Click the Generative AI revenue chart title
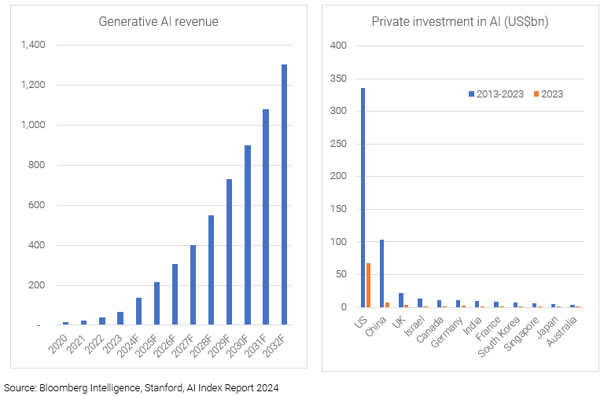pos(158,21)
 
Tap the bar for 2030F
pos(248,235)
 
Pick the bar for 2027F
pos(193,284)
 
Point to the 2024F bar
pos(138,311)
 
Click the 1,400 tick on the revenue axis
pos(33,45)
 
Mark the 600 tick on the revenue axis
pos(37,205)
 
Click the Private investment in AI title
pos(460,21)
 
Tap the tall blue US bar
pos(363,197)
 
